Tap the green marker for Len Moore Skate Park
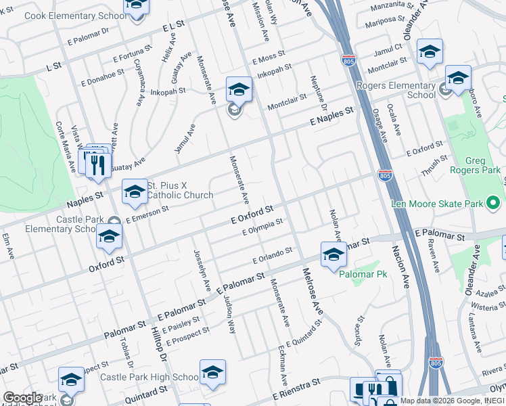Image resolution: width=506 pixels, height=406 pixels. [493, 202]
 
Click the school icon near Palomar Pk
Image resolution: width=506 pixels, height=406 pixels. [333, 255]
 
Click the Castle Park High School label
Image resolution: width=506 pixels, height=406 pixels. [149, 377]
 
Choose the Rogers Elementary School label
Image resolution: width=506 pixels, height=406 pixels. [405, 90]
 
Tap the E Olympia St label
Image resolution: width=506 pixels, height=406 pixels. [262, 228]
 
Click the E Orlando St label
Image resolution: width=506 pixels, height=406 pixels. [272, 255]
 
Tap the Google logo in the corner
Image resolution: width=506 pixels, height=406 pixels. [22, 397]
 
